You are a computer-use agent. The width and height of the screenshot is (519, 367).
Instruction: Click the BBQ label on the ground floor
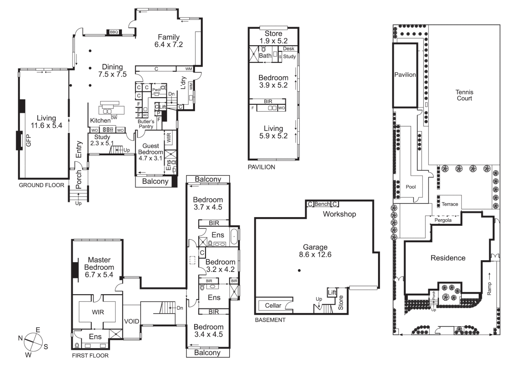click(x=114, y=32)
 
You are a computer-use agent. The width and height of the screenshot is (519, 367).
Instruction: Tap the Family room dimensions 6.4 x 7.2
click(x=168, y=45)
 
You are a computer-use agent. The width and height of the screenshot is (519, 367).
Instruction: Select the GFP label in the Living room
click(x=29, y=140)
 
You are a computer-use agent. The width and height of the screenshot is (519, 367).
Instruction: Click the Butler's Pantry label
click(x=146, y=124)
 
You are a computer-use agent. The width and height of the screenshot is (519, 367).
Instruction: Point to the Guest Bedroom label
click(x=150, y=149)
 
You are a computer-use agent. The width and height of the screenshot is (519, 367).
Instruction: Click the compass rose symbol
click(x=33, y=342)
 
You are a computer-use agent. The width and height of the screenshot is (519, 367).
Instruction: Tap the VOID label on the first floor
click(x=131, y=321)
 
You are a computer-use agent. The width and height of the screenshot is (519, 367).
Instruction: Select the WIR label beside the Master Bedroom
click(x=98, y=312)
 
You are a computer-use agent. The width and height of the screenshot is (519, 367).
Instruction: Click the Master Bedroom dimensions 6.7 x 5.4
click(x=99, y=275)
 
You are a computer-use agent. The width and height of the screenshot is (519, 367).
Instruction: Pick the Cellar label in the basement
click(x=273, y=305)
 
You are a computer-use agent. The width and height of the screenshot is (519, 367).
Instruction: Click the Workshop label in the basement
click(x=339, y=214)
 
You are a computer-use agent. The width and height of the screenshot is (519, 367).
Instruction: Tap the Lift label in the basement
click(x=332, y=292)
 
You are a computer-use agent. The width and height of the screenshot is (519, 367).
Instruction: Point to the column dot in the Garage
click(x=299, y=270)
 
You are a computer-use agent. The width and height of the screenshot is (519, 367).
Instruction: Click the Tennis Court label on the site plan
click(x=464, y=95)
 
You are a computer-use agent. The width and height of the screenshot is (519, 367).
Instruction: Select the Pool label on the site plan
click(x=411, y=187)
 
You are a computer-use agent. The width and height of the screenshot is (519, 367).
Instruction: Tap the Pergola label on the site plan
click(x=443, y=220)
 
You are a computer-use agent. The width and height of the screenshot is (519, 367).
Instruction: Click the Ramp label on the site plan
click(x=489, y=289)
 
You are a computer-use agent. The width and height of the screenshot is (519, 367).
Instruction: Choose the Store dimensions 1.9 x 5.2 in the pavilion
click(x=273, y=41)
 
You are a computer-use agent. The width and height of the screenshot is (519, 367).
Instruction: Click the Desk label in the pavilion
click(x=289, y=49)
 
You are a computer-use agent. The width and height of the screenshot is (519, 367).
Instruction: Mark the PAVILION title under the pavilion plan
click(x=261, y=167)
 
